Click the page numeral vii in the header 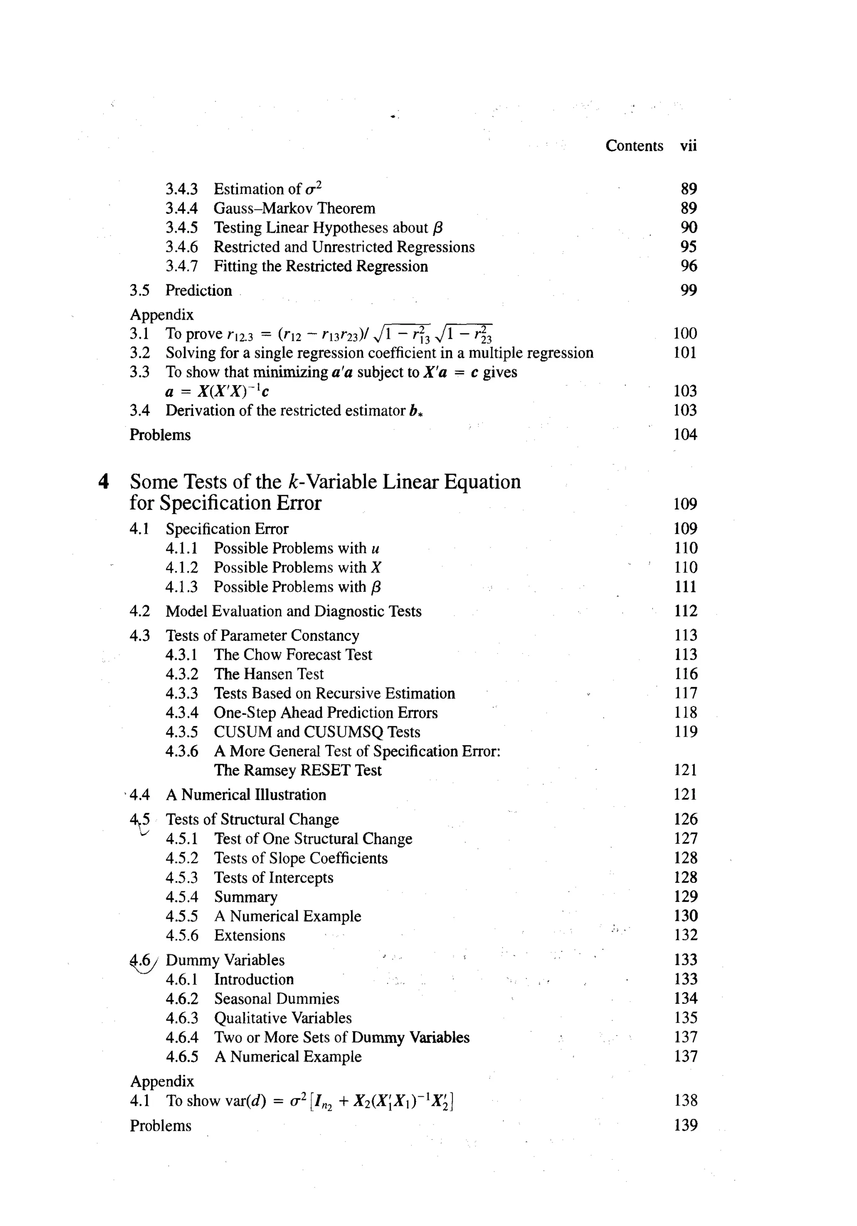tap(688, 146)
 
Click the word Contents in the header tap(634, 146)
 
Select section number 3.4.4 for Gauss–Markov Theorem tap(182, 208)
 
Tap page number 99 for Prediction tap(689, 290)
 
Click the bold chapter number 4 tap(104, 482)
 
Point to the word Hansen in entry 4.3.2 tap(269, 674)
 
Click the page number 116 tap(685, 674)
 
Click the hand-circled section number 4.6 tap(141, 961)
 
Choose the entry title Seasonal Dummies tap(276, 999)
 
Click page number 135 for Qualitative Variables tap(685, 1018)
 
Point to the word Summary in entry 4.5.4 tap(246, 897)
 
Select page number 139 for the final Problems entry tap(685, 1125)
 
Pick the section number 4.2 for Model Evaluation tap(139, 612)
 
